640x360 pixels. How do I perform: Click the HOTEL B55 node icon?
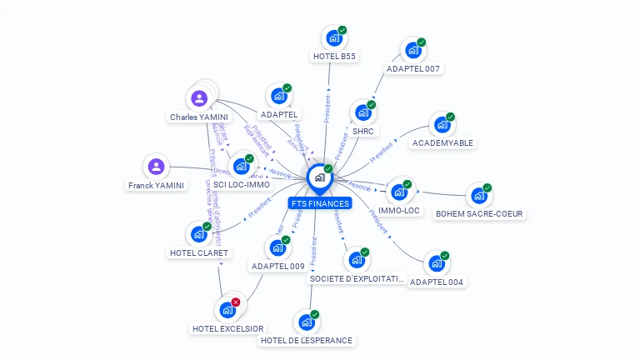(334, 38)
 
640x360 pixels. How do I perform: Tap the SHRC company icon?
(362, 112)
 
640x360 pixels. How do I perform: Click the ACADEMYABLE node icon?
(442, 125)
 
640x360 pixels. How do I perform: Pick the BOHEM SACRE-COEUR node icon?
(479, 196)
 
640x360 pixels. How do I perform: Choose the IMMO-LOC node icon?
(399, 192)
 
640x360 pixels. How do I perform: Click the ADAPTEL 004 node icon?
(436, 264)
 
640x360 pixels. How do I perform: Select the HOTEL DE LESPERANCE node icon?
(307, 322)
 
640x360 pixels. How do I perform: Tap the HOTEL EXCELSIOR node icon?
(227, 310)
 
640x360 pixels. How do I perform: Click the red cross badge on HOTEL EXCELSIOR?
(236, 302)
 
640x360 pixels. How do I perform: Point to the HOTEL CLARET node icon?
(198, 234)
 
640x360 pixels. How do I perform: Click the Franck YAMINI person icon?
(156, 167)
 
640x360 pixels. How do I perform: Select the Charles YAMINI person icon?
(199, 99)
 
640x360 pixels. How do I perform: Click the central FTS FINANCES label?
(320, 203)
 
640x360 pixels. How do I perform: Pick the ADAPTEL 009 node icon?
(277, 248)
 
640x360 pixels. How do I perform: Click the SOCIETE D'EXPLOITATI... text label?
(357, 279)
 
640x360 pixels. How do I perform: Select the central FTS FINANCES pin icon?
(319, 177)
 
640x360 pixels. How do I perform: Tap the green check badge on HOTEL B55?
(342, 30)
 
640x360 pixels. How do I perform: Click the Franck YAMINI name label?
(157, 185)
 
